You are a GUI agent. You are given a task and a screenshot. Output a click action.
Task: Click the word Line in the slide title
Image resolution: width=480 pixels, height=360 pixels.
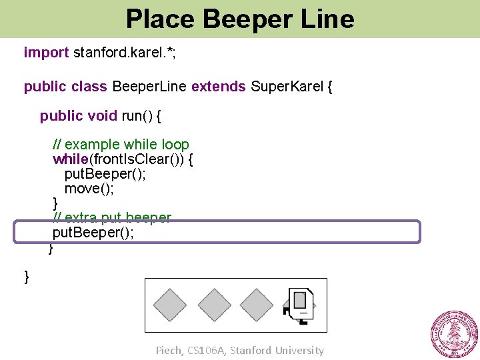coord(327,19)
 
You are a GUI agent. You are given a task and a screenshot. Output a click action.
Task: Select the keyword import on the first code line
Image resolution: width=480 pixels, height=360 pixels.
coord(46,52)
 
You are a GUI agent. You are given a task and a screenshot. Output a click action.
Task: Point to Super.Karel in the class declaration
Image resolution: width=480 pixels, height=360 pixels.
coord(287,87)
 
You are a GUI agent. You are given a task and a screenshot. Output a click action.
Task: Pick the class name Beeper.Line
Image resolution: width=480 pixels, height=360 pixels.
coord(150,87)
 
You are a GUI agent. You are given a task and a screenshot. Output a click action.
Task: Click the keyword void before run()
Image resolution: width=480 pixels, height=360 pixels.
coord(102,117)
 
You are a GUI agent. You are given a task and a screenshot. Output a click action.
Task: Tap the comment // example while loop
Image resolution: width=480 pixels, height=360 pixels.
coord(121,145)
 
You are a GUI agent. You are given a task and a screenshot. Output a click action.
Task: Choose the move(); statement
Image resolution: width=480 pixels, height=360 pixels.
coord(89,189)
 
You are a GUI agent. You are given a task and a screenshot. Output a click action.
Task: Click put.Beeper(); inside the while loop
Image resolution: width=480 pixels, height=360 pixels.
coord(104,175)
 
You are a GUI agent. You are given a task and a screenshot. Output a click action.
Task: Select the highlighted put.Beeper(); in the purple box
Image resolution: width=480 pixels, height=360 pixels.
coord(93,233)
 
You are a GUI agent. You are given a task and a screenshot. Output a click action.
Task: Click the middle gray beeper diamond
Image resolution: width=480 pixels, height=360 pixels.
coord(214,305)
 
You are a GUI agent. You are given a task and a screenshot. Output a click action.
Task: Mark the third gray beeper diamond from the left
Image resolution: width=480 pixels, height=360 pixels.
coord(256,305)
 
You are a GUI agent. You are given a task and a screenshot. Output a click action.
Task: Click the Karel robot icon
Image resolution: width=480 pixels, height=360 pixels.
coord(300,305)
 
